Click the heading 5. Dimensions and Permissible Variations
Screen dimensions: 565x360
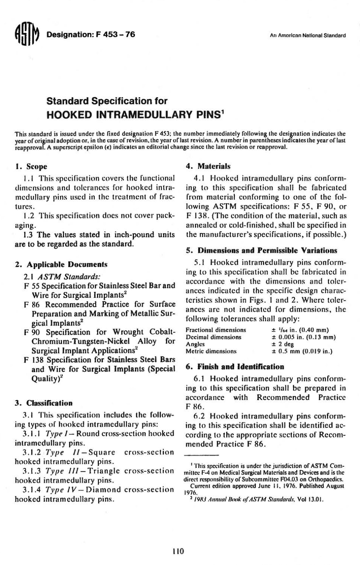[x=261, y=250]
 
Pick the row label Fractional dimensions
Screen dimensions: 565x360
[x=216, y=330]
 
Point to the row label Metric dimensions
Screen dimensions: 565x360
[x=211, y=351]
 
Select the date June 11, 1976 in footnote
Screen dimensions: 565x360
[x=275, y=485]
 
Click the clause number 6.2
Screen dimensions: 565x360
[x=199, y=415]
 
